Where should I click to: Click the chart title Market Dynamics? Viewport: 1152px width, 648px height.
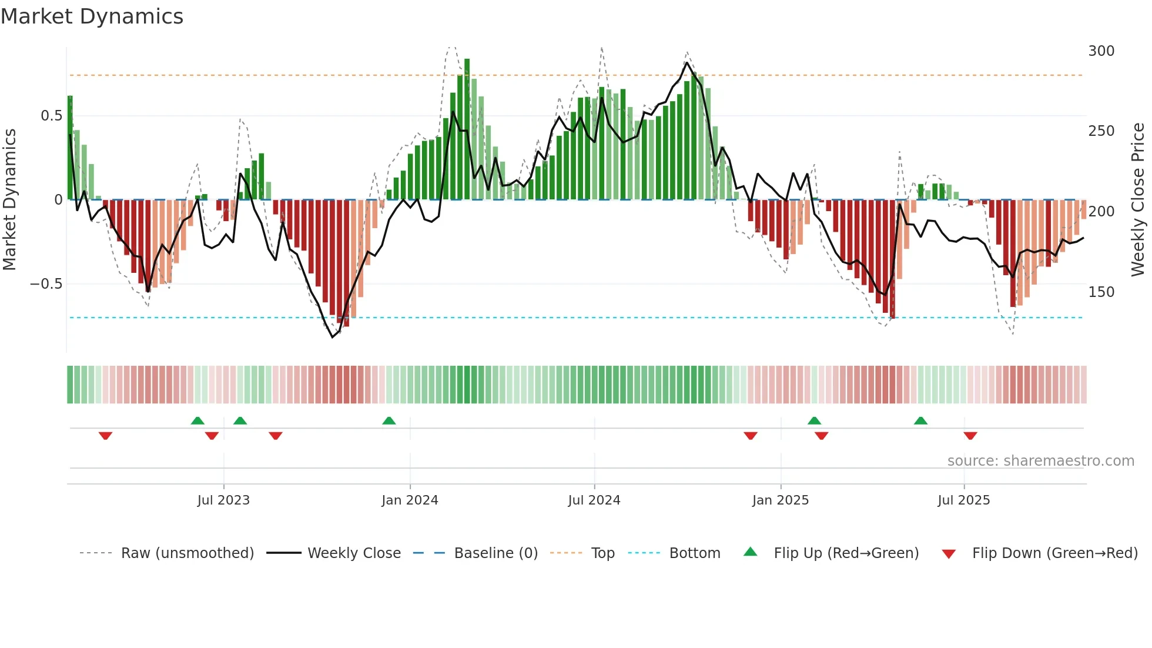(92, 16)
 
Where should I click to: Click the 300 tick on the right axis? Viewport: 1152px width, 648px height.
(1101, 51)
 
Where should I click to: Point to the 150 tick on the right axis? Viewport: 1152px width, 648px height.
(1101, 292)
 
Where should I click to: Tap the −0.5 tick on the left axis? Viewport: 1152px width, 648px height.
(46, 284)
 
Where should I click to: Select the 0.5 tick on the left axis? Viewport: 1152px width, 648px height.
(51, 116)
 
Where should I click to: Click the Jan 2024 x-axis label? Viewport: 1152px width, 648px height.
(410, 500)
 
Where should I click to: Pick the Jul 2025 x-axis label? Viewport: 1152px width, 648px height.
(963, 500)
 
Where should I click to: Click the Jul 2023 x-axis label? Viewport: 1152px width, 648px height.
(223, 500)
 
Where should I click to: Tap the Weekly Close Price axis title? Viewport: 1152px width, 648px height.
(1138, 200)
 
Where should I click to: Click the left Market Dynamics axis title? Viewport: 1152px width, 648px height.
(9, 200)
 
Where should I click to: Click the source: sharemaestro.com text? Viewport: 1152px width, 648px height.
(1040, 461)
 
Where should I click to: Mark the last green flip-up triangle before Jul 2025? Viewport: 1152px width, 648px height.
(920, 421)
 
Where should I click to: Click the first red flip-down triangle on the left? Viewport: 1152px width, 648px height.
(105, 436)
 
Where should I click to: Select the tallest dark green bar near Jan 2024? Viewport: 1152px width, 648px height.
(467, 129)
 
